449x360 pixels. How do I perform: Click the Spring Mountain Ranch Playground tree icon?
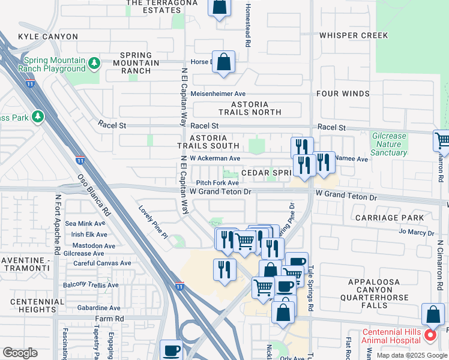[94, 62]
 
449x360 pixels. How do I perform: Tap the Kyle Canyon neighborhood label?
[48, 37]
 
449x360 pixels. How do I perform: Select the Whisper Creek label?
[354, 35]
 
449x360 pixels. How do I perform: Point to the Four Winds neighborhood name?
[343, 94]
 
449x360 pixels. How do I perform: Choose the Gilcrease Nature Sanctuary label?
[389, 145]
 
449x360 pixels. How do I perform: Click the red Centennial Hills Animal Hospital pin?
[430, 335]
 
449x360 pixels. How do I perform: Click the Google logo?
[20, 353]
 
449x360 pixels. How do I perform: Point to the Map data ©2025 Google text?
[411, 355]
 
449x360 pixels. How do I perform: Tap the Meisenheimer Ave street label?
[218, 94]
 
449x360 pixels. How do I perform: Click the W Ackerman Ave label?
[215, 158]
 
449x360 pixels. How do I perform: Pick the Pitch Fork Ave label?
[218, 183]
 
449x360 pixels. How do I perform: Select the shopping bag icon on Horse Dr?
[223, 61]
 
